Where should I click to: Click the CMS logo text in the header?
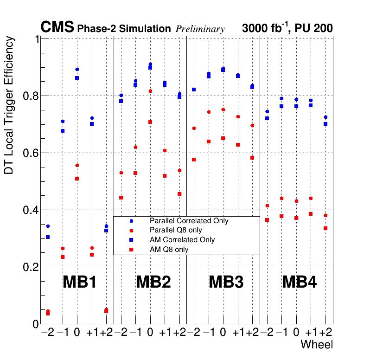click(57, 27)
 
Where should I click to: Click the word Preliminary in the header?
click(200, 29)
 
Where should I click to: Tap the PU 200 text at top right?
click(313, 28)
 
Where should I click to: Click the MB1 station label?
click(79, 282)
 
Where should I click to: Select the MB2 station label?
click(153, 282)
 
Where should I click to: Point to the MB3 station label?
click(226, 282)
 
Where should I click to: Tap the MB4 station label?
click(299, 282)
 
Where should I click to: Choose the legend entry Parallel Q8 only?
click(176, 230)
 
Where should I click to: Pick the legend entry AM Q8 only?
click(169, 250)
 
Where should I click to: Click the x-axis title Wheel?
click(317, 345)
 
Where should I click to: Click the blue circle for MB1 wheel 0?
click(77, 70)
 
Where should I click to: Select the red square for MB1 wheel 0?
click(77, 179)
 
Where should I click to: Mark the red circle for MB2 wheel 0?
click(150, 91)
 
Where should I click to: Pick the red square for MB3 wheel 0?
click(223, 138)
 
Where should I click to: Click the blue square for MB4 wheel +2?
click(325, 124)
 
